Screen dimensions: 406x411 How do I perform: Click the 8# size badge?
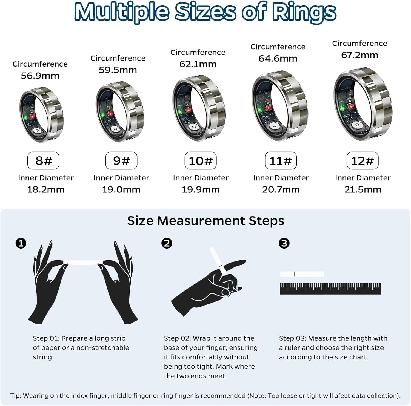click(x=43, y=161)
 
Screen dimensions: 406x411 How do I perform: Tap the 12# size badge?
click(x=362, y=161)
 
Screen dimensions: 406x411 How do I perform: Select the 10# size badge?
click(x=201, y=161)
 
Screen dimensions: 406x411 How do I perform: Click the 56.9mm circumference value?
click(x=40, y=76)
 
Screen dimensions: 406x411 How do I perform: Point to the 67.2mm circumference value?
click(x=359, y=55)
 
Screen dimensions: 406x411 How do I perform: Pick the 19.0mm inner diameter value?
click(x=121, y=189)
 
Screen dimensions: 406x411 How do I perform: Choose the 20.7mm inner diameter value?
click(x=281, y=189)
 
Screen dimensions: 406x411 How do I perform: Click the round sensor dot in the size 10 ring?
click(x=195, y=127)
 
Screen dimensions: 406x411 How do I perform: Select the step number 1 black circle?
click(x=21, y=243)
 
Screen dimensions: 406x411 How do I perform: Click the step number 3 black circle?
click(x=284, y=243)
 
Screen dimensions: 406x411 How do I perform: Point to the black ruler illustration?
click(x=330, y=289)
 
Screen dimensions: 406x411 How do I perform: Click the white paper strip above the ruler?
click(x=302, y=274)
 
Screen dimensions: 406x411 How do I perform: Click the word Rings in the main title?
click(x=304, y=12)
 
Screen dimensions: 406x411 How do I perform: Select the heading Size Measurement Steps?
click(x=206, y=221)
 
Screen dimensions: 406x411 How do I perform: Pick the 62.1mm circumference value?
click(x=198, y=64)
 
